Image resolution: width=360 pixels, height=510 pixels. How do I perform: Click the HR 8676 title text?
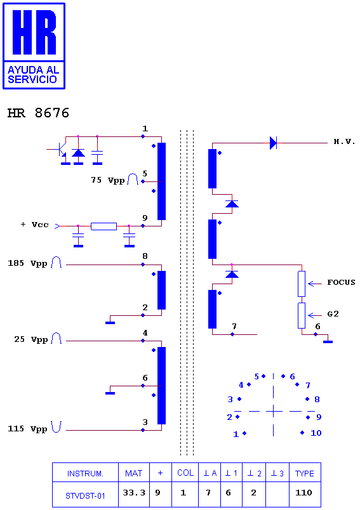(x=38, y=113)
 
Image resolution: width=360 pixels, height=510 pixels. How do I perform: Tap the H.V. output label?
(x=344, y=141)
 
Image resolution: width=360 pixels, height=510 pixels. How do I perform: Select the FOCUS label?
(x=341, y=282)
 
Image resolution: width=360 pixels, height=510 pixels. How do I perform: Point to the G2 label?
(x=333, y=314)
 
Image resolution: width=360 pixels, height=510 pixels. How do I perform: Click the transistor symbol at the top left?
(x=60, y=149)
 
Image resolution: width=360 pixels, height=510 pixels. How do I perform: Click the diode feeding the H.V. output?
(x=273, y=143)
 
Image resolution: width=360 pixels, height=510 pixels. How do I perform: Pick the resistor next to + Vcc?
(x=104, y=226)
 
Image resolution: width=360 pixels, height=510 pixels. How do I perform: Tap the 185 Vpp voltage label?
(x=28, y=263)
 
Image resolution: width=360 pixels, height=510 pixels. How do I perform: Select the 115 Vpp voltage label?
(x=28, y=429)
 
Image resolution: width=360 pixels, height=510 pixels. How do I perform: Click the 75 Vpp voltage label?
(x=108, y=180)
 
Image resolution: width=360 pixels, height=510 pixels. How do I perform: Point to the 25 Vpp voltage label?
(x=31, y=339)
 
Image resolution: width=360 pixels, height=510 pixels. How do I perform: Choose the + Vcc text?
(x=34, y=225)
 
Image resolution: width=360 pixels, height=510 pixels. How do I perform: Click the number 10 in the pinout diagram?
(x=316, y=433)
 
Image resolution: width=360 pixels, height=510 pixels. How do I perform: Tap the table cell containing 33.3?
(x=134, y=494)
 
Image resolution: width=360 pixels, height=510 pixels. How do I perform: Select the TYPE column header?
(x=305, y=473)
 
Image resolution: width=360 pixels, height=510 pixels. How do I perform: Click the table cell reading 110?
(x=305, y=494)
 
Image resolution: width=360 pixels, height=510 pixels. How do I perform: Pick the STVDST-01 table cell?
(x=85, y=494)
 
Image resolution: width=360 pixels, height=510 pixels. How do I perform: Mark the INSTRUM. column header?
(x=85, y=473)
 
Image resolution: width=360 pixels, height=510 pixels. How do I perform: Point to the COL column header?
(x=185, y=473)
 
